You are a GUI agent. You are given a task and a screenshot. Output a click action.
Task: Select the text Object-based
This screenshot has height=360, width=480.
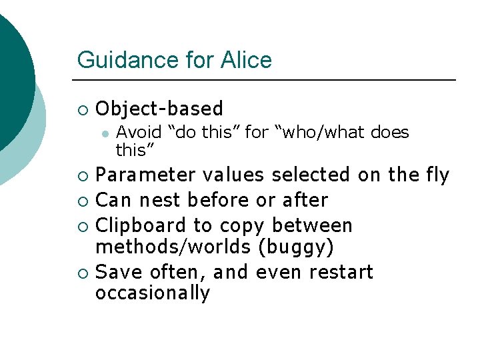[x=159, y=109]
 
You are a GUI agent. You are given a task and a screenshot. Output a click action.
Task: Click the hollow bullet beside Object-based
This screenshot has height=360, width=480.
[x=82, y=109]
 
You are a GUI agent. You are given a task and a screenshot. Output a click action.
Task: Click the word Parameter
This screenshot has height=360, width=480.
[x=145, y=175]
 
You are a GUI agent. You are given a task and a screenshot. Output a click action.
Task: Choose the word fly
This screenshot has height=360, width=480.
[x=437, y=175]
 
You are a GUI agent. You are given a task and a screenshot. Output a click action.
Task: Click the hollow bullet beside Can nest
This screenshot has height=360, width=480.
[x=82, y=201]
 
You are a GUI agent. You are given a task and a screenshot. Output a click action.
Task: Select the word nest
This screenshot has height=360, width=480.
[x=161, y=200]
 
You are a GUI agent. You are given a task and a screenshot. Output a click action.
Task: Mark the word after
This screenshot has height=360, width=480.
[x=306, y=200]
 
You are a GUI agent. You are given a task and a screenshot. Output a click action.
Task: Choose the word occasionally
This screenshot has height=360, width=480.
[x=153, y=293]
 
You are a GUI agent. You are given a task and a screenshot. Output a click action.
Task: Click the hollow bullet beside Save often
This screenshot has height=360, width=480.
[x=82, y=273]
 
